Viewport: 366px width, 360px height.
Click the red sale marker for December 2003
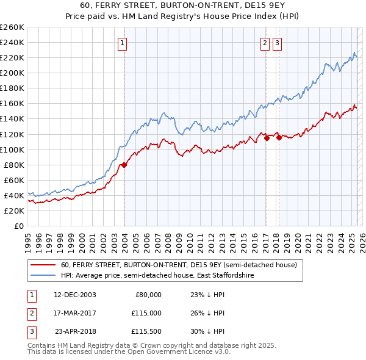click(x=124, y=165)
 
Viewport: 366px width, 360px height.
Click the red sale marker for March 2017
click(x=267, y=138)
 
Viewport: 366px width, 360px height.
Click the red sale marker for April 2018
click(x=279, y=137)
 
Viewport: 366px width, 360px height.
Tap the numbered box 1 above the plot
click(x=123, y=43)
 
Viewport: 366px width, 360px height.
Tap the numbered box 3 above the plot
click(x=277, y=43)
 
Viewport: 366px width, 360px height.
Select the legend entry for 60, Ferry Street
click(x=179, y=265)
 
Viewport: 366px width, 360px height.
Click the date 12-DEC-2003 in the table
click(x=75, y=295)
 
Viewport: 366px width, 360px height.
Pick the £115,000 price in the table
click(x=145, y=313)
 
